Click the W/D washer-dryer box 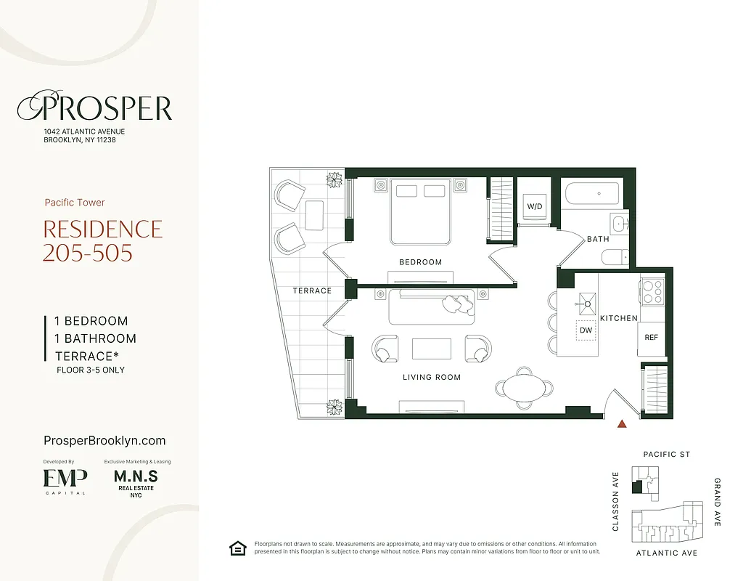(535, 206)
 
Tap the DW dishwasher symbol (586, 330)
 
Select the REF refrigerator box (651, 338)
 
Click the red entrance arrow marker (620, 424)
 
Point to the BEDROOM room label (420, 262)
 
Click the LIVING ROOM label (432, 377)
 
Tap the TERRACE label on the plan (312, 290)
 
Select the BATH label (598, 239)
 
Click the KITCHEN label (618, 318)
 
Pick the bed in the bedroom (421, 211)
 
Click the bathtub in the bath (592, 194)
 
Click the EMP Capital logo (65, 479)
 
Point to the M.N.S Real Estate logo (136, 482)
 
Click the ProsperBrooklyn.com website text (104, 441)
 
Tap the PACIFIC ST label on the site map (667, 455)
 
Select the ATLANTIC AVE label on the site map (666, 553)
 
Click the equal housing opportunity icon (237, 548)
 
